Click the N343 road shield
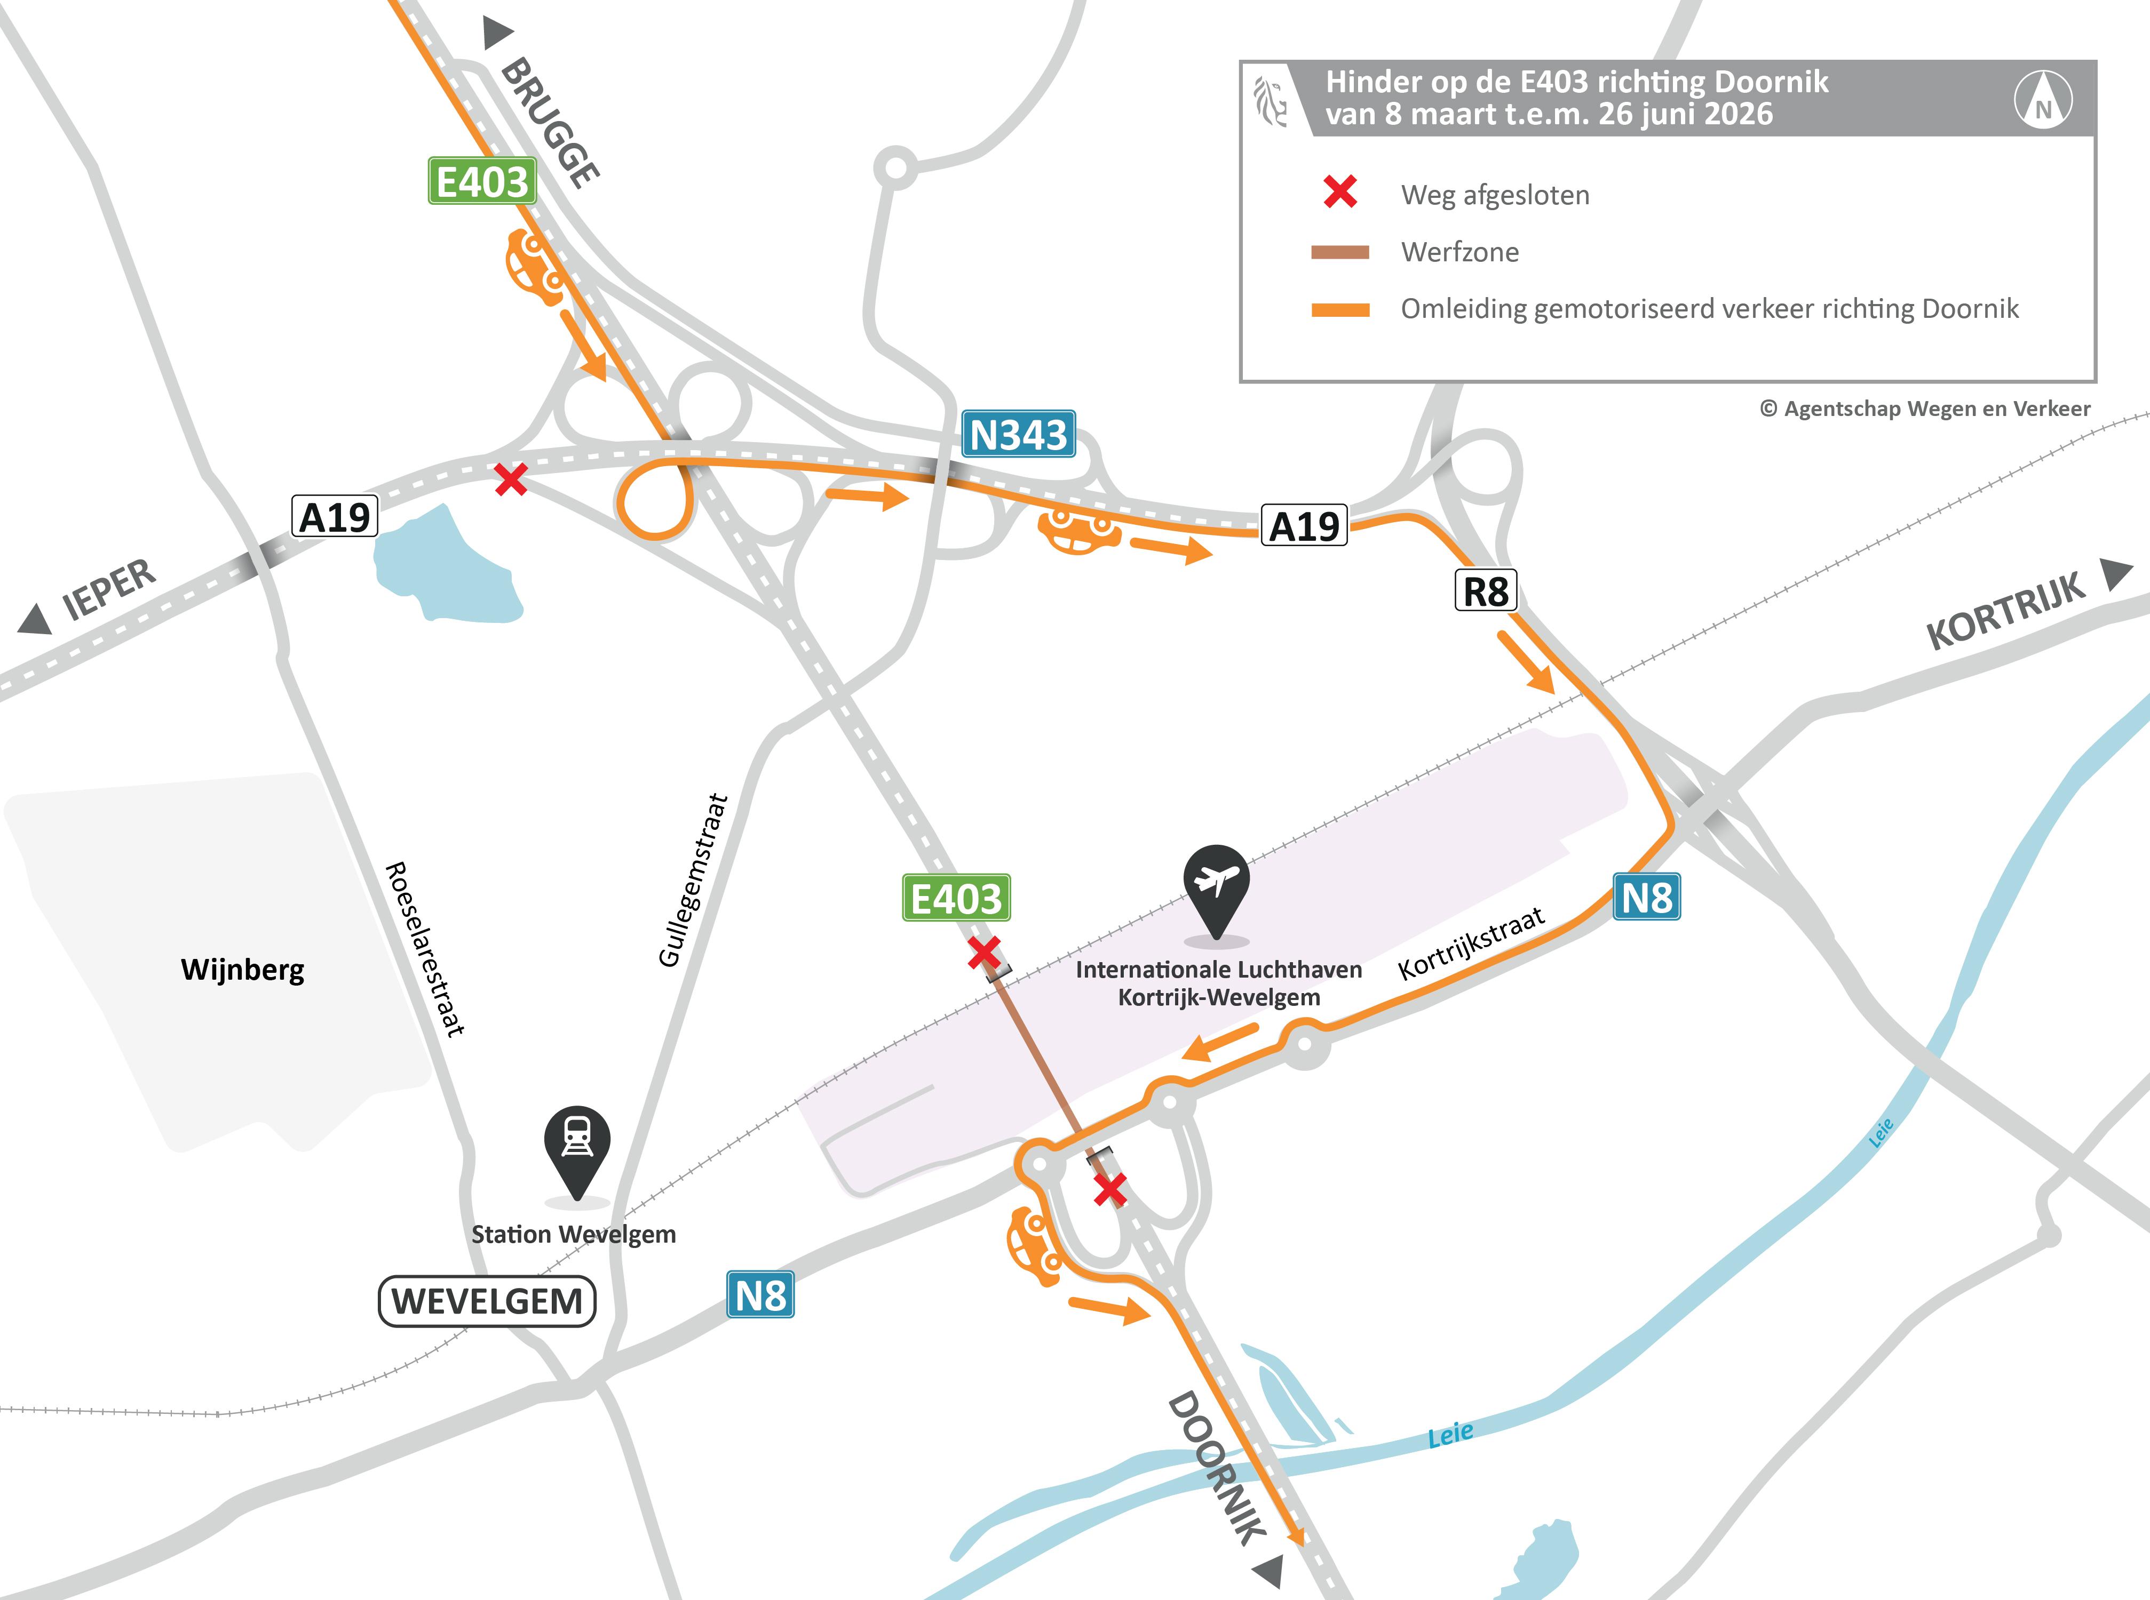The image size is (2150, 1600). click(1017, 434)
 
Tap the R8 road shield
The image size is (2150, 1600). click(1485, 591)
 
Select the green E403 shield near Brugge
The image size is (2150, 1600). click(481, 181)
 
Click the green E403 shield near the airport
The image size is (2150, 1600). click(955, 898)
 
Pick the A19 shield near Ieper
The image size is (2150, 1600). click(334, 517)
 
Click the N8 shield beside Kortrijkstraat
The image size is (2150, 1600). click(1646, 897)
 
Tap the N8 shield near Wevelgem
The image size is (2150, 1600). click(760, 1295)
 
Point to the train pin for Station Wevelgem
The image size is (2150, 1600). click(576, 1144)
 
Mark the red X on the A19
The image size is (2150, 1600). click(511, 478)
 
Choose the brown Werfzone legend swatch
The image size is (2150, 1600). click(1340, 252)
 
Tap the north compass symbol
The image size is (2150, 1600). click(2043, 100)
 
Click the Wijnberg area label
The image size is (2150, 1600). click(242, 970)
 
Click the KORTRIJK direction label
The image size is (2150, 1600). click(2005, 612)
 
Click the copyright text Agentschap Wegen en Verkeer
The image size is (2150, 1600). click(1924, 409)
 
